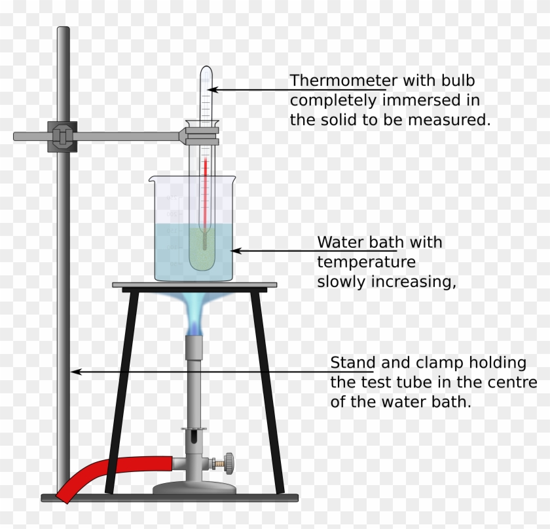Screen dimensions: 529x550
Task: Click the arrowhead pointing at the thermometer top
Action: point(213,89)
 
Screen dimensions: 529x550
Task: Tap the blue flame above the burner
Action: point(195,315)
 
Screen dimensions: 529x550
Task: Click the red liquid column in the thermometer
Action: point(205,190)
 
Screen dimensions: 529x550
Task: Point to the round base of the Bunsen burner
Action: point(194,488)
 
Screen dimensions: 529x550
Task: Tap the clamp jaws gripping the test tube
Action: point(200,135)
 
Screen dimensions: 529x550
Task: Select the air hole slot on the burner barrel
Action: point(194,437)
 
